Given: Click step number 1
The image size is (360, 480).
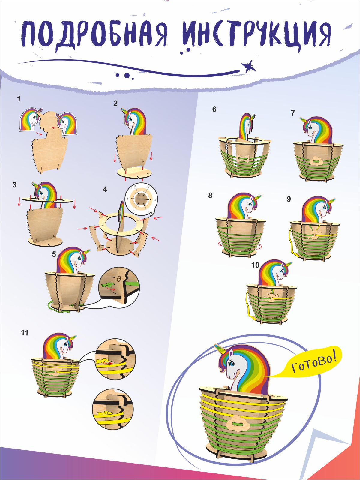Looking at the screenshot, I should coord(19,99).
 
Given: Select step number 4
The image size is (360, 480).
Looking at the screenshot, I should coord(105,189).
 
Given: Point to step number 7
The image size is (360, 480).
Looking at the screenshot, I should coord(293,113).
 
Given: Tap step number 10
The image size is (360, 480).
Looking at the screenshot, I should coord(255,265).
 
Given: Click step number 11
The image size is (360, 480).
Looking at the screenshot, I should coord(25,333).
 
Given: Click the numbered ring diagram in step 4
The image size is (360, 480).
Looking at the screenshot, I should coord(141,199).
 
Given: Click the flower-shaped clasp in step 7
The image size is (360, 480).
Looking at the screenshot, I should coord(316,161).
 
